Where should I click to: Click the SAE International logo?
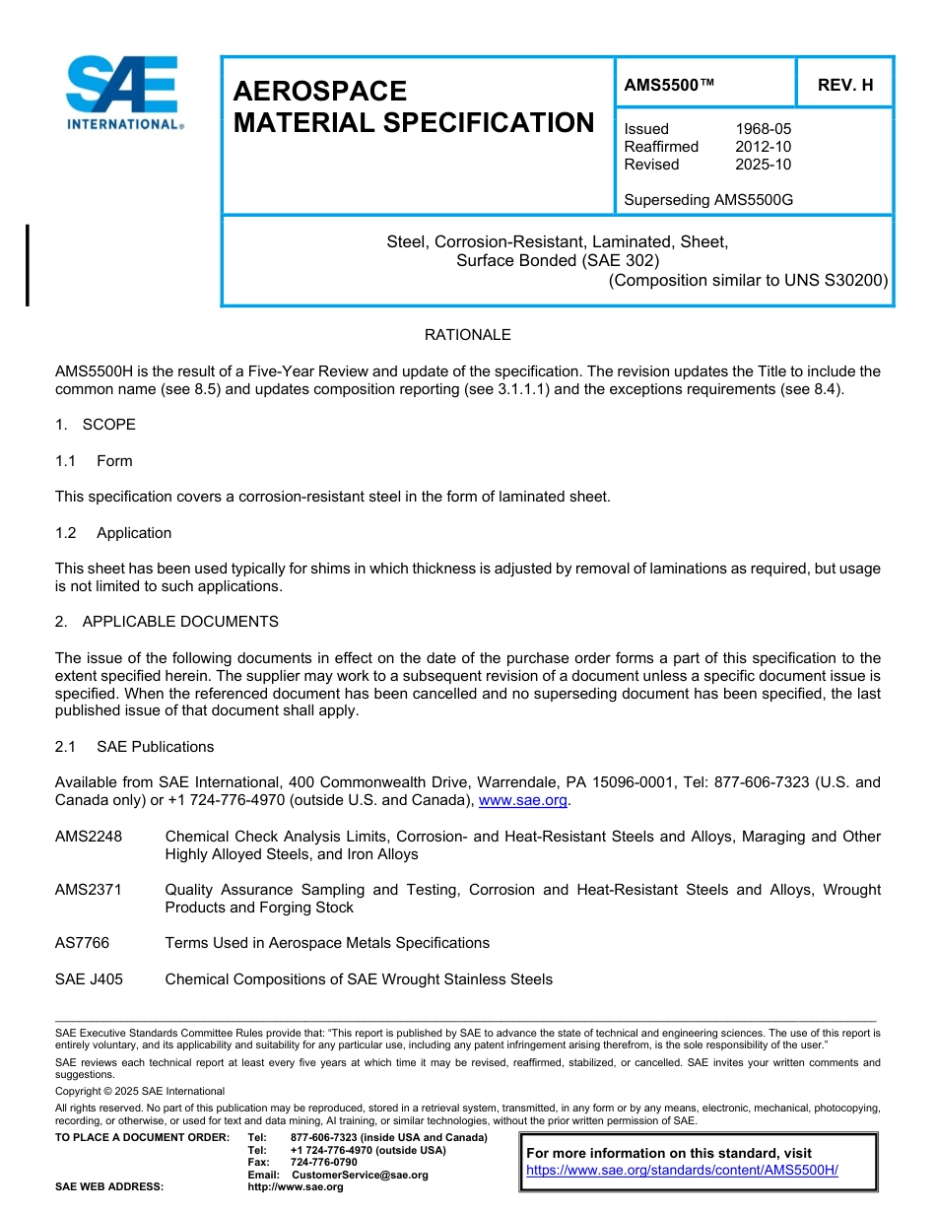tap(122, 93)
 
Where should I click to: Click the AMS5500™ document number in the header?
tap(669, 86)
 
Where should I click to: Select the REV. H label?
tap(845, 86)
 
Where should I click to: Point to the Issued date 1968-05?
tap(763, 129)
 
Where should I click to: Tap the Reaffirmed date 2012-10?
tap(763, 147)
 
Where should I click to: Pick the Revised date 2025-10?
tap(763, 165)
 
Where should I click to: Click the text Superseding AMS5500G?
tap(708, 200)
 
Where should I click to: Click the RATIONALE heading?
tap(467, 335)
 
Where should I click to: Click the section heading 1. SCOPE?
tap(96, 425)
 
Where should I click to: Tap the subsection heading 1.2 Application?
tap(114, 533)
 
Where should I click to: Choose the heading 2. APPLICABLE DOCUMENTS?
tap(167, 622)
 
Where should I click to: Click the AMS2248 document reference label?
tap(89, 837)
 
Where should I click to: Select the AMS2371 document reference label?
tap(89, 890)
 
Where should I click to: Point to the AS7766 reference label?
tap(82, 943)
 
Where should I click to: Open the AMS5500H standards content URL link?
tap(682, 1170)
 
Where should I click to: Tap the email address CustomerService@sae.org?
tap(360, 1175)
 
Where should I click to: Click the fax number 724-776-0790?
tap(323, 1163)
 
